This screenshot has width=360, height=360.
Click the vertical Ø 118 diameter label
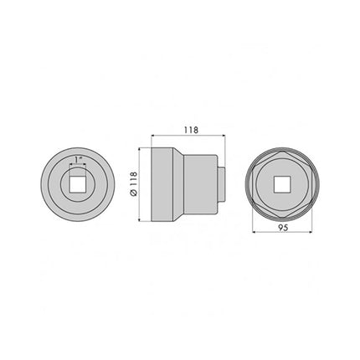pos(133,185)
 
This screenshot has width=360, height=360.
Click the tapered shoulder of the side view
pos(177,182)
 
